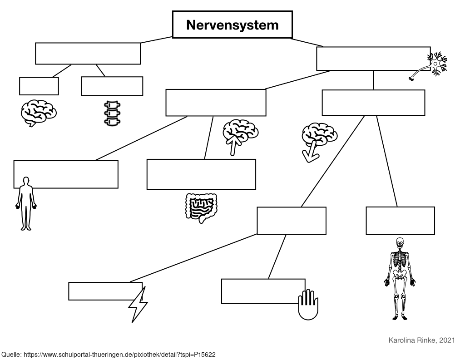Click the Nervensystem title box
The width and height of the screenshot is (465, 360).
coord(232,25)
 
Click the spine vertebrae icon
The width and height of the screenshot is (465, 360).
coord(112,112)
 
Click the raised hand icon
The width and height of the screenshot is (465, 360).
coord(308,304)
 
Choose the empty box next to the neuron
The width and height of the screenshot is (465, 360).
coord(373,59)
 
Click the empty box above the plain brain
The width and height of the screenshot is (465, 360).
coord(39,86)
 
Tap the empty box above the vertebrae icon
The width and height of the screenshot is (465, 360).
coord(112,86)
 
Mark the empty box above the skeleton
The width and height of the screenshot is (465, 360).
coord(400,221)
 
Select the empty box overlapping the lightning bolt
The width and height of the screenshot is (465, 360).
coord(105,291)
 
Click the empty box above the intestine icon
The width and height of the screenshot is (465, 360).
coord(201,174)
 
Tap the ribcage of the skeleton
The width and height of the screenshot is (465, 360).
coord(400,260)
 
